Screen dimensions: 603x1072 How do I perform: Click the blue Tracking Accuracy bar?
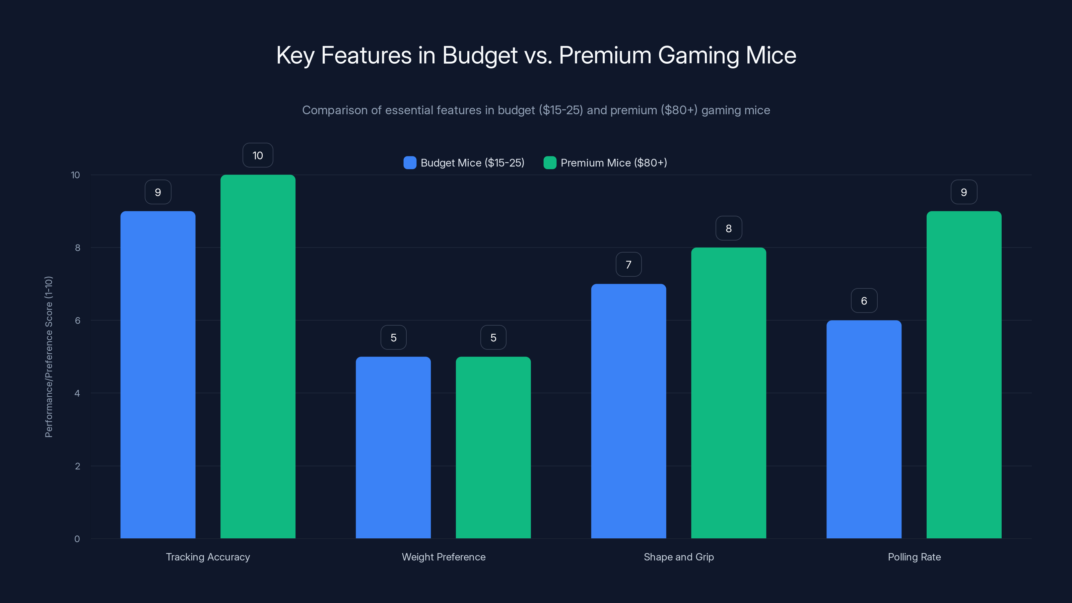tap(158, 375)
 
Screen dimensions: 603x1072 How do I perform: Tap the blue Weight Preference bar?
tap(393, 447)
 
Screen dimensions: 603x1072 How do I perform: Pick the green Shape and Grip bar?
tap(728, 393)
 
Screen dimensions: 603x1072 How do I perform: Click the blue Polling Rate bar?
tap(864, 429)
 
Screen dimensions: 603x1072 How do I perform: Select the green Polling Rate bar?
tap(963, 375)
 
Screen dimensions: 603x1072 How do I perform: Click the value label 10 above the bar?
tap(258, 155)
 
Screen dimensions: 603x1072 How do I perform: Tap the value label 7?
tap(628, 265)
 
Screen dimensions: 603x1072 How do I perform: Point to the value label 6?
tap(864, 301)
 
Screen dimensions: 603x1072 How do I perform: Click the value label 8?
tap(728, 228)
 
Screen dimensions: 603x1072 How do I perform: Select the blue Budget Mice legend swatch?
tap(409, 163)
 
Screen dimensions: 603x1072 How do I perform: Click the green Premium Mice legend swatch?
tap(550, 163)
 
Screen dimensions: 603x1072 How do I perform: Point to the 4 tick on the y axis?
tap(77, 393)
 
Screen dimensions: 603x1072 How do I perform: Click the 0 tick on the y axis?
tap(77, 539)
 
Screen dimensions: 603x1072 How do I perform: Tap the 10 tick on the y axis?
tap(75, 175)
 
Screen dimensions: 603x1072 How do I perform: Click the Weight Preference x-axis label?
tap(443, 557)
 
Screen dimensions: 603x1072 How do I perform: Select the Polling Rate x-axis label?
tap(914, 557)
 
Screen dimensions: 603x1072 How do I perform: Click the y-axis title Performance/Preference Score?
tap(49, 357)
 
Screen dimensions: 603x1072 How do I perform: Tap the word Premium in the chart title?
tap(605, 55)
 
